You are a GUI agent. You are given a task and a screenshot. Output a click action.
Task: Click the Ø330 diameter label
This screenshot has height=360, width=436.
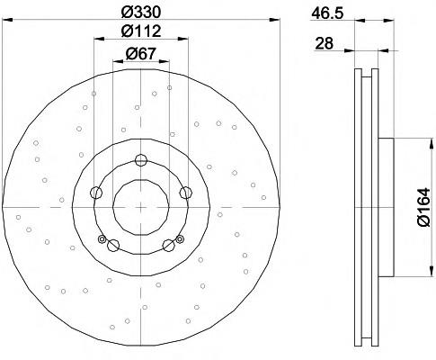click(141, 12)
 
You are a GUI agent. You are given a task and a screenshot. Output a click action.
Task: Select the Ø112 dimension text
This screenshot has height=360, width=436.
click(141, 31)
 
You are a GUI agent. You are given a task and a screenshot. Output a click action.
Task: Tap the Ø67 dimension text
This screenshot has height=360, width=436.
click(141, 53)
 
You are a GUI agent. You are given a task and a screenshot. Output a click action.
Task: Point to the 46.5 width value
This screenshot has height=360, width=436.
click(327, 13)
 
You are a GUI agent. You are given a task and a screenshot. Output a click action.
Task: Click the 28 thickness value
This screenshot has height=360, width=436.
click(324, 44)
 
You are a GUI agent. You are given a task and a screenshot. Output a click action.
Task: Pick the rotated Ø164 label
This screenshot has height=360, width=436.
click(423, 207)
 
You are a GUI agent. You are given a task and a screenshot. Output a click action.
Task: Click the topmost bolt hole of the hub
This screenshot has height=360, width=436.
click(140, 159)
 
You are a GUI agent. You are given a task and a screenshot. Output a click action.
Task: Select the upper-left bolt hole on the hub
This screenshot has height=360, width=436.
click(96, 193)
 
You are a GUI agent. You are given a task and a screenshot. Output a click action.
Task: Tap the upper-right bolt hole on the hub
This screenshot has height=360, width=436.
click(185, 193)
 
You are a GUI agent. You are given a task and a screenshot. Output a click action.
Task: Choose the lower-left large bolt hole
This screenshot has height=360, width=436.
click(113, 246)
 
